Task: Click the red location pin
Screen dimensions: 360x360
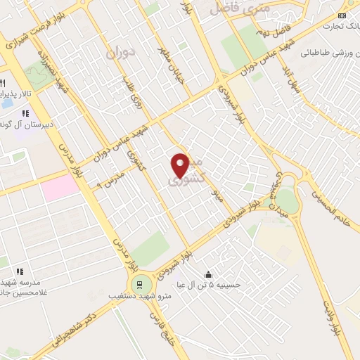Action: (181, 165)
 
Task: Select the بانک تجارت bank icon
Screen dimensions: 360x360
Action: (342, 15)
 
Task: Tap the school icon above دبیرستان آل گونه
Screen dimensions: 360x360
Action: (25, 112)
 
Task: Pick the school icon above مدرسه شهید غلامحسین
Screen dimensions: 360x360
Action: (20, 271)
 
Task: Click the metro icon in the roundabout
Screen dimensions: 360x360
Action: (140, 284)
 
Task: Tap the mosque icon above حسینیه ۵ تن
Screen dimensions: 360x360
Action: (208, 274)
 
